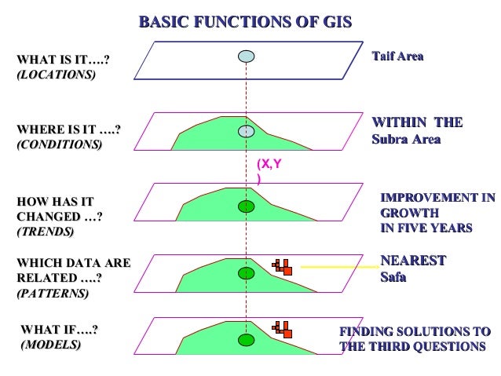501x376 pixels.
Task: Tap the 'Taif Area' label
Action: click(x=397, y=57)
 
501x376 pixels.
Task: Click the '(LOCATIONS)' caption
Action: click(x=56, y=75)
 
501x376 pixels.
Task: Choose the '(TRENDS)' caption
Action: click(x=46, y=232)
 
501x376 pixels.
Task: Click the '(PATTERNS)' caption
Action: click(x=53, y=293)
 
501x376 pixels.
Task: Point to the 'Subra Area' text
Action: click(x=406, y=140)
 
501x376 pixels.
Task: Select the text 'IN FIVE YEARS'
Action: click(x=426, y=228)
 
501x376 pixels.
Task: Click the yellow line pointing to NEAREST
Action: click(x=334, y=268)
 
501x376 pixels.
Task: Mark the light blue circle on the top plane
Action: click(x=247, y=57)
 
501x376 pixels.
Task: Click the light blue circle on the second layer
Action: click(x=247, y=132)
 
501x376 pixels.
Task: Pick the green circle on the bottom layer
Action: click(x=247, y=340)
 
